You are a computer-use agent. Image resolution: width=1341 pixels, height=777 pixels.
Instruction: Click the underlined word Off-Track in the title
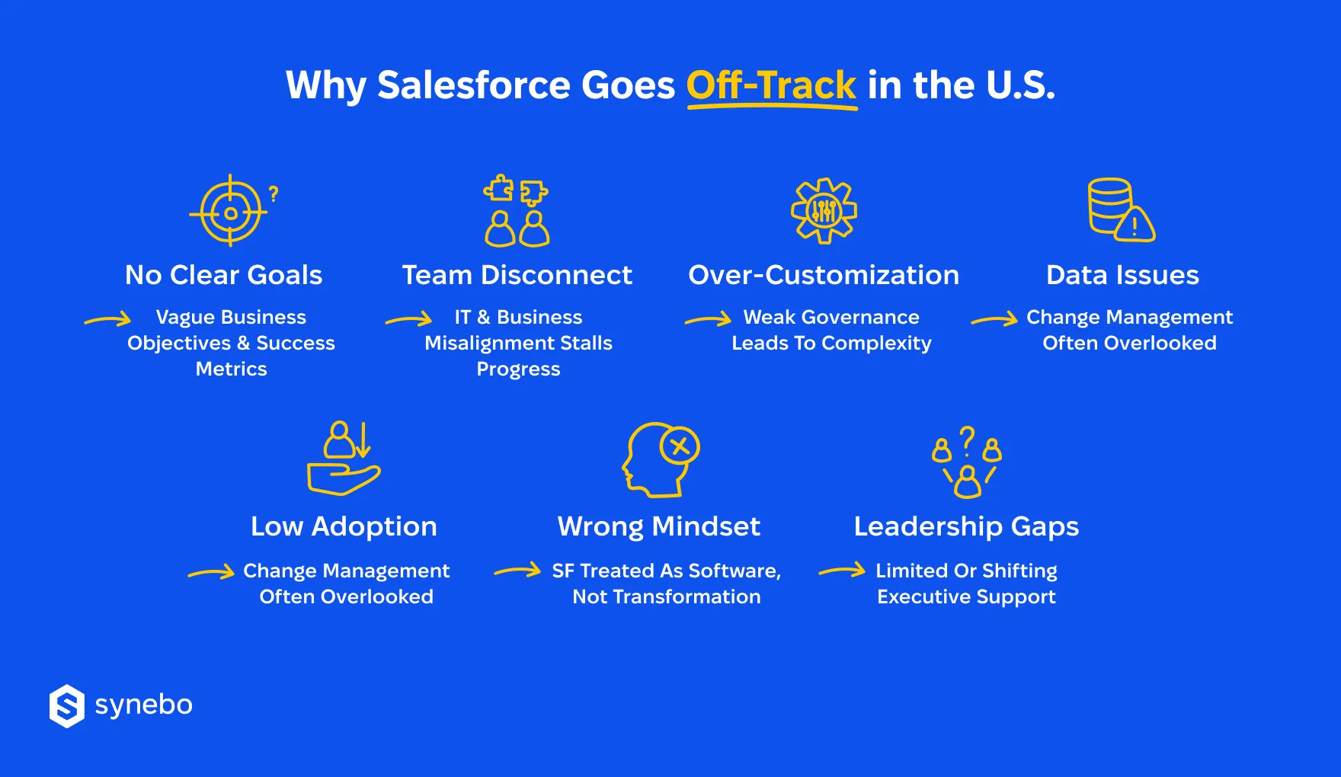pyautogui.click(x=771, y=85)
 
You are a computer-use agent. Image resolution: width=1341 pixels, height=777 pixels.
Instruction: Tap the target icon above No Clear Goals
pyautogui.click(x=231, y=211)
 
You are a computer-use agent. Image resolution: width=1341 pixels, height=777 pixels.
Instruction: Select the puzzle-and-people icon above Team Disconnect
pyautogui.click(x=517, y=211)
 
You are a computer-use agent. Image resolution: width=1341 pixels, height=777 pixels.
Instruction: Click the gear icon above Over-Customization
pyautogui.click(x=824, y=211)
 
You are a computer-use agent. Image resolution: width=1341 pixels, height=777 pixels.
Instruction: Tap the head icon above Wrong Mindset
pyautogui.click(x=660, y=459)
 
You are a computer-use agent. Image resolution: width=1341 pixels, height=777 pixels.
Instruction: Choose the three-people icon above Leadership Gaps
pyautogui.click(x=967, y=462)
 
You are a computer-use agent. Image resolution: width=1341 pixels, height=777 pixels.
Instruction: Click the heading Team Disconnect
pyautogui.click(x=517, y=275)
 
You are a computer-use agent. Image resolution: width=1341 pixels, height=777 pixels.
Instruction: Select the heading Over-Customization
pyautogui.click(x=824, y=275)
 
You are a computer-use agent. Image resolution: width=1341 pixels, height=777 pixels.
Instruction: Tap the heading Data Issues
pyautogui.click(x=1122, y=275)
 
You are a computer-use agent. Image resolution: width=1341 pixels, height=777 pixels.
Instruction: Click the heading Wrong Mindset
pyautogui.click(x=659, y=526)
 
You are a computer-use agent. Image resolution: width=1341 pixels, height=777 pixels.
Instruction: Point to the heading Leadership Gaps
pyautogui.click(x=966, y=526)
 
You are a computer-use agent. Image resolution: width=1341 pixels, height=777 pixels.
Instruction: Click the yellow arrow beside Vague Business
pyautogui.click(x=108, y=320)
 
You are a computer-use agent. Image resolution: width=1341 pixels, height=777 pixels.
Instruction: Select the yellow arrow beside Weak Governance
pyautogui.click(x=709, y=320)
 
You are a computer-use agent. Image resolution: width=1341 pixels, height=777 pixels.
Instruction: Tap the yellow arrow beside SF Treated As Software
pyautogui.click(x=518, y=571)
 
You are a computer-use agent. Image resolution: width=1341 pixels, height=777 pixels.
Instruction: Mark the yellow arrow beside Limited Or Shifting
pyautogui.click(x=842, y=571)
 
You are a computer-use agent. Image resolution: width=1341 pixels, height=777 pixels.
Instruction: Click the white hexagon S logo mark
pyautogui.click(x=67, y=705)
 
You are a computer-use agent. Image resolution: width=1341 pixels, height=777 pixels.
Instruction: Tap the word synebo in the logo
pyautogui.click(x=144, y=705)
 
